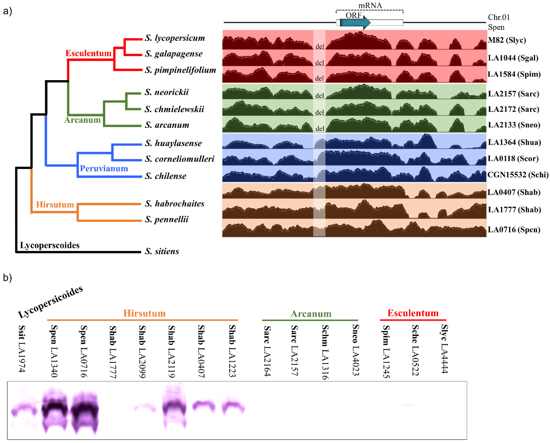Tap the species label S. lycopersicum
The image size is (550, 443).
(175, 38)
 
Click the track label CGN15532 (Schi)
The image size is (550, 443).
(518, 175)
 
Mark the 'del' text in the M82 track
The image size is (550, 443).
(320, 47)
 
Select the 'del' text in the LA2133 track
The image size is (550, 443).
(320, 129)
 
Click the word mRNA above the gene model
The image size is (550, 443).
(370, 6)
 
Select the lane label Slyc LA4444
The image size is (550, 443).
(445, 349)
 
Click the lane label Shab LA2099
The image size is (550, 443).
(142, 351)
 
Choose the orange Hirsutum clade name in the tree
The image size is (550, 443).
(55, 205)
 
